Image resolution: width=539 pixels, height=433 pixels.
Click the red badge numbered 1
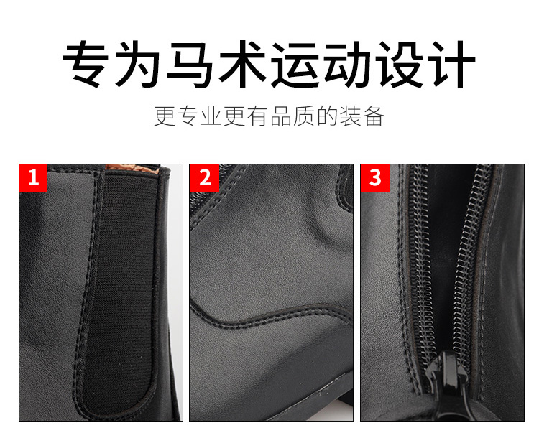click(33, 178)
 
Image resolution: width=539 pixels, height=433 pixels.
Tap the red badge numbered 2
click(204, 178)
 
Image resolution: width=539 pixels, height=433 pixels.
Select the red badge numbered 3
click(374, 178)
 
